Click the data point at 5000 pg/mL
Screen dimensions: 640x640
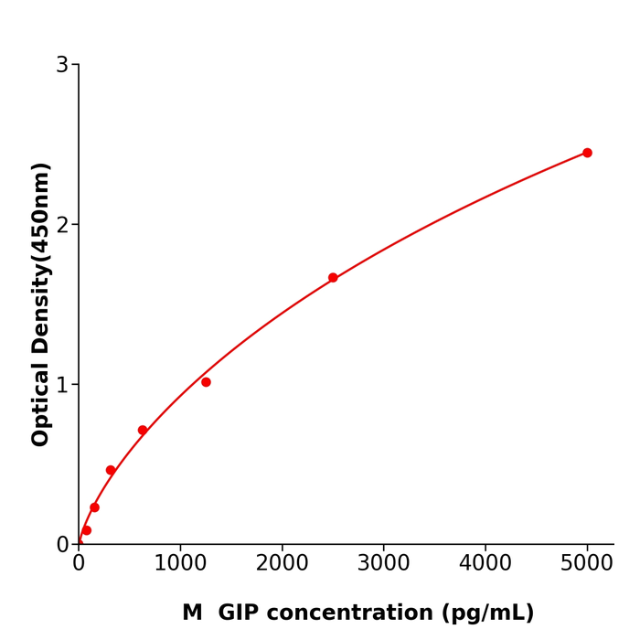click(x=587, y=153)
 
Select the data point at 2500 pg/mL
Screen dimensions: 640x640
click(x=333, y=278)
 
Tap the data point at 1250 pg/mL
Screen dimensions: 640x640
click(x=206, y=382)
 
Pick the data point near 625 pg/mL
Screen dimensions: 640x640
click(x=143, y=430)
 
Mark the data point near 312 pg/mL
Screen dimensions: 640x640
click(x=111, y=470)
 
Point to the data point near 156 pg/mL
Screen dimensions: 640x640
click(x=94, y=507)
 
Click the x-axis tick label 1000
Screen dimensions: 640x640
click(x=180, y=563)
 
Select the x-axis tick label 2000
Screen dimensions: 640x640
click(x=282, y=563)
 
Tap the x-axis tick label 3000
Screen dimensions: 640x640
click(x=383, y=563)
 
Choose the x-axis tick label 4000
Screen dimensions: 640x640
click(x=485, y=563)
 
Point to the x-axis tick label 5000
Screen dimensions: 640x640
click(x=587, y=563)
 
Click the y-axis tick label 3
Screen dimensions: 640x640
click(x=62, y=65)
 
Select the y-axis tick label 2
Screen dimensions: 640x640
click(x=62, y=225)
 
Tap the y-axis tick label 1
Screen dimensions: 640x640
click(x=62, y=385)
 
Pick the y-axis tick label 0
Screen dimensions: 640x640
click(x=62, y=545)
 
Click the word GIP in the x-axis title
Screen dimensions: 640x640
click(x=238, y=613)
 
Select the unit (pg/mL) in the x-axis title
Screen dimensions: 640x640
click(x=490, y=613)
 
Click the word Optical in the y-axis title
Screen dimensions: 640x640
click(x=41, y=402)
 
